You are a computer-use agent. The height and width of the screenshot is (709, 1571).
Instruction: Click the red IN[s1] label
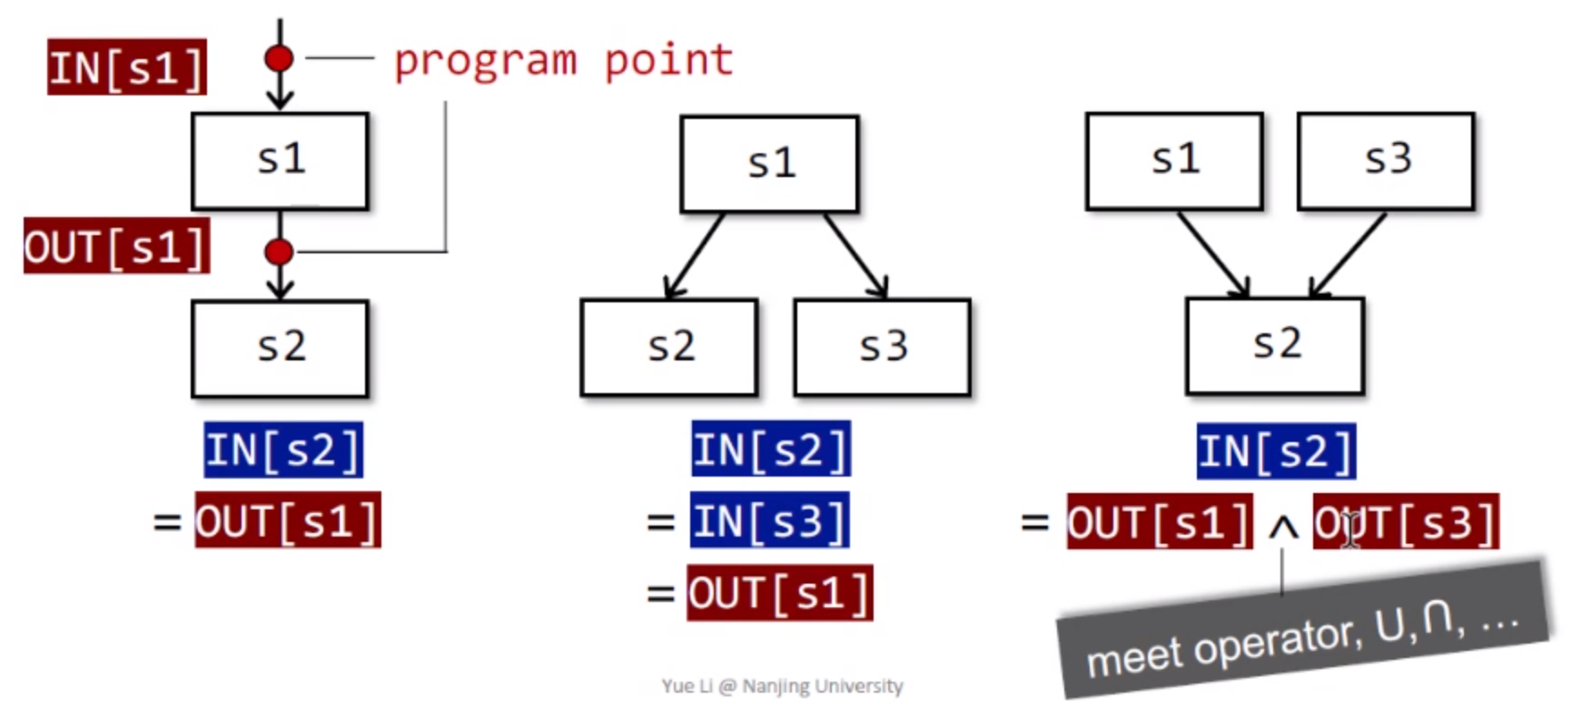click(x=127, y=67)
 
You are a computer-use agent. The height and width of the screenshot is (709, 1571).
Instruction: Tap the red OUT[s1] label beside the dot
click(x=116, y=246)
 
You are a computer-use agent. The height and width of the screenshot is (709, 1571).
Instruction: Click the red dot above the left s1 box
click(x=279, y=59)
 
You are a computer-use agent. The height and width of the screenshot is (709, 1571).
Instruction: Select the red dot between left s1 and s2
click(x=279, y=251)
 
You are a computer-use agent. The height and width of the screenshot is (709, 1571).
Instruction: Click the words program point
click(x=563, y=61)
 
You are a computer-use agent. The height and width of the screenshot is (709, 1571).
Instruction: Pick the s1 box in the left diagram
click(x=280, y=161)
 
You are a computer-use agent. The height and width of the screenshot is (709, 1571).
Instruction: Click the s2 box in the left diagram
click(x=280, y=349)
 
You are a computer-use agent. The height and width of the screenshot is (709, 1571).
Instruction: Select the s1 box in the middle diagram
click(x=769, y=163)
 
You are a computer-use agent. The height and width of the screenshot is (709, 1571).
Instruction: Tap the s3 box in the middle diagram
click(x=882, y=347)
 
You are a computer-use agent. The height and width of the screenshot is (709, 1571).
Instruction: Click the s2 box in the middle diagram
click(x=669, y=347)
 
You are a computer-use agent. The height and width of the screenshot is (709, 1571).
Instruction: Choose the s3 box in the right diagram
click(x=1386, y=161)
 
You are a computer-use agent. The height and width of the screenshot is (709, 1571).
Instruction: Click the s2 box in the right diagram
click(x=1274, y=345)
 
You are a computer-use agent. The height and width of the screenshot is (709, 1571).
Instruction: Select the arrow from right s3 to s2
click(x=1349, y=255)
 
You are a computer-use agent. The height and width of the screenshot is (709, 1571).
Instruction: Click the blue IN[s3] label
click(x=769, y=521)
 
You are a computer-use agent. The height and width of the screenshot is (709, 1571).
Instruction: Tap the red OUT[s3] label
click(x=1406, y=522)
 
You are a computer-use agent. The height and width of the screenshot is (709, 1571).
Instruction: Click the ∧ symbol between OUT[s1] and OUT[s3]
click(x=1282, y=527)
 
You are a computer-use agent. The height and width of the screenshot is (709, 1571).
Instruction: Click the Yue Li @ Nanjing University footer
click(x=782, y=686)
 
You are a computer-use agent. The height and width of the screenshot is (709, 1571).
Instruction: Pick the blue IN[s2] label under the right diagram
click(x=1276, y=451)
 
